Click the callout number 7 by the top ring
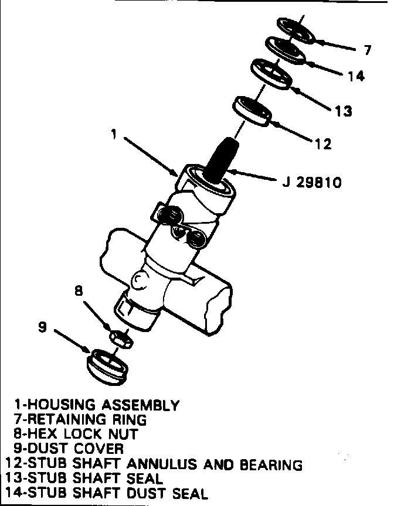[x=367, y=50]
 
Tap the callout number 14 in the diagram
[x=355, y=76]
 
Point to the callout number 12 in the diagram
[x=323, y=143]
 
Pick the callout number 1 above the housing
[x=116, y=135]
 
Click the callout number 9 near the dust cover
[x=42, y=327]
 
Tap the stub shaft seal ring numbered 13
[x=273, y=74]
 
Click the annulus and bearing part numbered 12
[x=253, y=110]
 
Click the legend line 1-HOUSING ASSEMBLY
[x=96, y=405]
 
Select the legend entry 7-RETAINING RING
[x=80, y=419]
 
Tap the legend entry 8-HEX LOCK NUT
[x=76, y=434]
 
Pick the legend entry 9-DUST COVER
[x=69, y=449]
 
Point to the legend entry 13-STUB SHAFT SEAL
[x=86, y=479]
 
